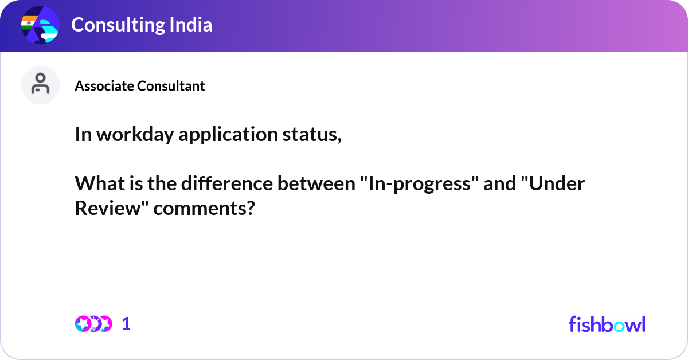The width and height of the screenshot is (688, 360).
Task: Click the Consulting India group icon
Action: pos(40,25)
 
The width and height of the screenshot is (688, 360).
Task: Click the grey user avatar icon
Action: pos(40,85)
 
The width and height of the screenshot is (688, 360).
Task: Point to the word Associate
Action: pos(104,86)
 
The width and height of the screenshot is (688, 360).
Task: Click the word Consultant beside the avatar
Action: pos(171,86)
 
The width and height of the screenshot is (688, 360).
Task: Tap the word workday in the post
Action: pos(135,135)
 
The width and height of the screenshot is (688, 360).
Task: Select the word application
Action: pos(228,135)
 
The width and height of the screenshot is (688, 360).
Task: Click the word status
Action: pos(312,135)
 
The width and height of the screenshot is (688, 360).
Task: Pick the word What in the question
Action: pos(100,183)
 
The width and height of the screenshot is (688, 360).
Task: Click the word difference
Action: pos(227,183)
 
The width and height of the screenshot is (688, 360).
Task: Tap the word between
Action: pos(316,183)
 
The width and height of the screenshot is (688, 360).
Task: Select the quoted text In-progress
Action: pos(420,184)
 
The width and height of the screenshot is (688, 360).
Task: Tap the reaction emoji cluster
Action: pos(93,324)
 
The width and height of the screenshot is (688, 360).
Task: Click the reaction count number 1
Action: pos(126,324)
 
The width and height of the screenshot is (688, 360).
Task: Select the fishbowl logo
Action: pos(607,324)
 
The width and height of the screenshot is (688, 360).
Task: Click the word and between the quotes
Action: pos(500,183)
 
